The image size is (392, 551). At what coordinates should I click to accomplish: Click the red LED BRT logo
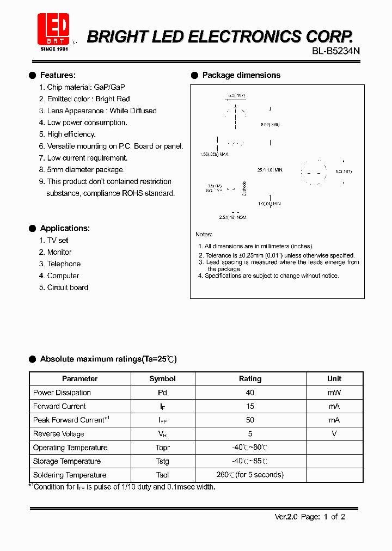(x=53, y=30)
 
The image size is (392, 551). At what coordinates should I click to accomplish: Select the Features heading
(x=58, y=75)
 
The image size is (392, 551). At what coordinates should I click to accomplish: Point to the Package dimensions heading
(x=241, y=75)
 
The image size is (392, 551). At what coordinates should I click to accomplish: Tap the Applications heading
(x=65, y=228)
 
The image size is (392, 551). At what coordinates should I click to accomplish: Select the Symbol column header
(x=162, y=378)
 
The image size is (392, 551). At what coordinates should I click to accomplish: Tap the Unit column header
(x=334, y=378)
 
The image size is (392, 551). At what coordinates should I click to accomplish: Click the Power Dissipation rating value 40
(x=250, y=393)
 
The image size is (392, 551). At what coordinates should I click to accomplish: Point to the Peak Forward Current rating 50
(x=250, y=420)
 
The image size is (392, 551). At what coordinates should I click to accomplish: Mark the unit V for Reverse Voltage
(x=334, y=434)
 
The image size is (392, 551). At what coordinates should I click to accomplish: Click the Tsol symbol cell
(x=162, y=475)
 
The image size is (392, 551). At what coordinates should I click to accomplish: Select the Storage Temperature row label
(x=67, y=461)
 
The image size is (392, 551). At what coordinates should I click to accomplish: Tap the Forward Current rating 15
(x=250, y=406)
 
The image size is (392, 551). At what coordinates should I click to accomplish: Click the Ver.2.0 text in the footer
(x=285, y=517)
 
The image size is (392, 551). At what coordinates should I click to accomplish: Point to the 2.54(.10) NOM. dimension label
(x=233, y=217)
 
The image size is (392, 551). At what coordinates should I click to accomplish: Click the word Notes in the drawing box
(x=204, y=235)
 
